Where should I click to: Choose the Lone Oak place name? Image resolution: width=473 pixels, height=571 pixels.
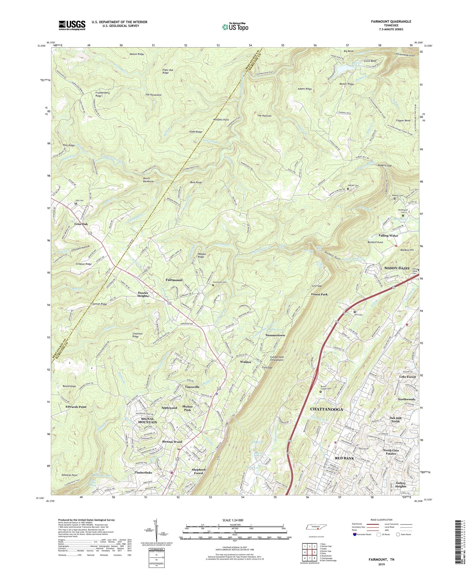coord(81,224)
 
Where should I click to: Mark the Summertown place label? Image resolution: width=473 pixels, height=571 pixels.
coord(275,335)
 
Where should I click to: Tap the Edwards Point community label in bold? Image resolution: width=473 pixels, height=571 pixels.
coord(76,407)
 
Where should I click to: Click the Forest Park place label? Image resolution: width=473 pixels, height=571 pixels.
coord(319,294)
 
